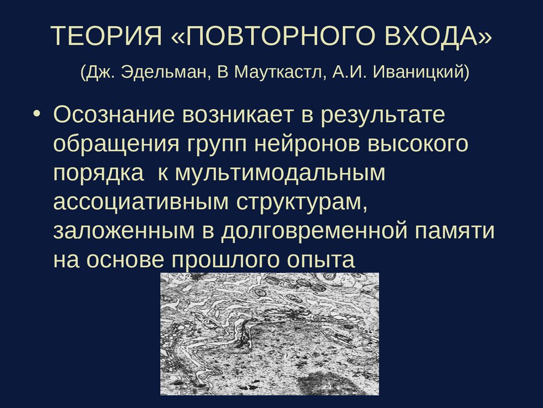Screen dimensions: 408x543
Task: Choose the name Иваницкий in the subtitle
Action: (x=421, y=72)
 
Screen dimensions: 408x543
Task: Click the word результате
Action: (x=383, y=115)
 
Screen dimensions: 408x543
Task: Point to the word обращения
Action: (x=115, y=144)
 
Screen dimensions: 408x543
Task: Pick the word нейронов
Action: (x=304, y=144)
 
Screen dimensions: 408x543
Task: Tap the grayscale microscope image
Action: (x=270, y=334)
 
